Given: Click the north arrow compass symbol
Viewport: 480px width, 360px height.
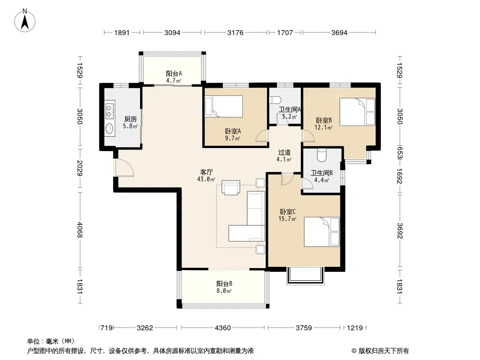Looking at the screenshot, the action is coord(25,21).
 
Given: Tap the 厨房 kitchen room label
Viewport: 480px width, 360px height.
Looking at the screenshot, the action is coord(131,119).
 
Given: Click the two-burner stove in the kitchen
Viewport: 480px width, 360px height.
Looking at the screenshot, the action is coord(109,110).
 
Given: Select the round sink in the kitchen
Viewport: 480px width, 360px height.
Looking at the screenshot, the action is coord(109,129).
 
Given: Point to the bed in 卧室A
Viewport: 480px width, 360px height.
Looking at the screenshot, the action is coord(224,107).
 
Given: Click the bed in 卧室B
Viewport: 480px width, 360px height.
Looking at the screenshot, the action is coord(357,112).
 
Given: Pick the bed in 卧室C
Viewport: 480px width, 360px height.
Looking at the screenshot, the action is coord(322,232).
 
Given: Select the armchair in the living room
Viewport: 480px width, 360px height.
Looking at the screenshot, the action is coord(231,188).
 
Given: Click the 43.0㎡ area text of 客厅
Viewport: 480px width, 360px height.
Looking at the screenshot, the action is coord(206,179).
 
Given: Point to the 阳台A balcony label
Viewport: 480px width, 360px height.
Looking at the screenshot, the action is coord(174,73).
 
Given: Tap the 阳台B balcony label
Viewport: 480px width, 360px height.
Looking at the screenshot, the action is coord(224,283).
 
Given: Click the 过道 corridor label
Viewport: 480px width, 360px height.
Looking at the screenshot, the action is coord(284,152).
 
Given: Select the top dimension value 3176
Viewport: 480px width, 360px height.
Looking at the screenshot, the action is coord(235,32).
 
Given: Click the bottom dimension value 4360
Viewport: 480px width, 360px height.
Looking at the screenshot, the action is coord(222,328).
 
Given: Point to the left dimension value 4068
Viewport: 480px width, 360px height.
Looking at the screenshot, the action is coord(80,229).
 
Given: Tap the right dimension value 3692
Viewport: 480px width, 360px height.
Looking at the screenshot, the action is coord(399,230).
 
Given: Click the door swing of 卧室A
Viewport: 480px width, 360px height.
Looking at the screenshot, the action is coord(262,136).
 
